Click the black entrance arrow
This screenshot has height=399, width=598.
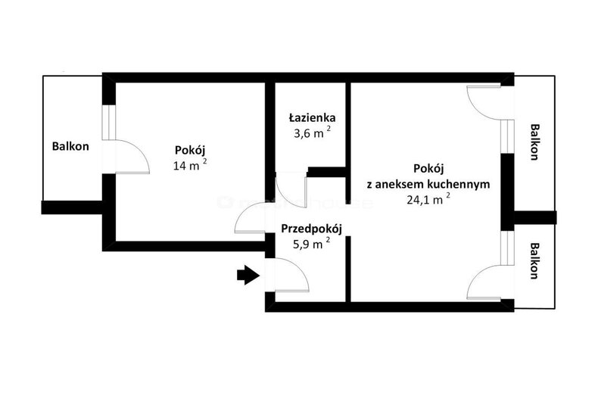tap(248, 275)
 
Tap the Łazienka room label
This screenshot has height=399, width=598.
tap(312, 118)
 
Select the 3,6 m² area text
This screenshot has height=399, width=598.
tap(312, 133)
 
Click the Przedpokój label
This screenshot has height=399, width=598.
tap(312, 229)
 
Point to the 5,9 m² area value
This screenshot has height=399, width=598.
tap(311, 244)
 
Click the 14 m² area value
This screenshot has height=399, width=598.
tap(190, 165)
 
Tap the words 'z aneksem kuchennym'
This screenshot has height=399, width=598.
tap(428, 184)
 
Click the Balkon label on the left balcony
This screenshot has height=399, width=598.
tap(70, 146)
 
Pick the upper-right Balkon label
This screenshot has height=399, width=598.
tap(534, 142)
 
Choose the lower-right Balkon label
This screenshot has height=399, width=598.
tap(534, 261)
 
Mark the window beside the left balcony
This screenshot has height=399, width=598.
tap(108, 122)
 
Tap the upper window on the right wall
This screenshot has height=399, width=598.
tap(508, 136)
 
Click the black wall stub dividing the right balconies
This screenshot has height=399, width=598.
tap(534, 217)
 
